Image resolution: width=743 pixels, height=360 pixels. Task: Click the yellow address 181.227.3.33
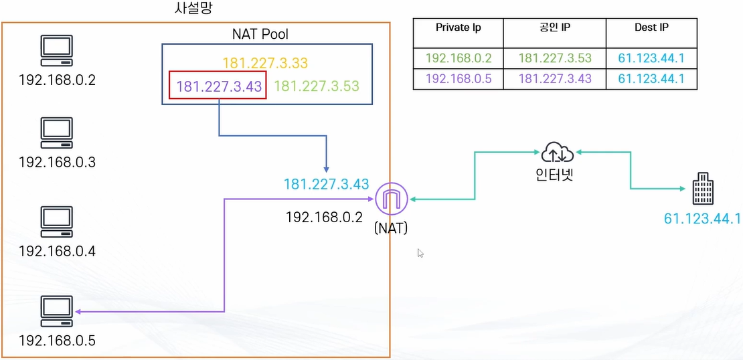tap(265, 64)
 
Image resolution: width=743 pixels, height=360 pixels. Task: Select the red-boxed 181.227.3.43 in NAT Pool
tap(218, 86)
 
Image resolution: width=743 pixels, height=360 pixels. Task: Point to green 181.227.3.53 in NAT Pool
tap(317, 86)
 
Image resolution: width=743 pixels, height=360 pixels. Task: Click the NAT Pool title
tap(260, 33)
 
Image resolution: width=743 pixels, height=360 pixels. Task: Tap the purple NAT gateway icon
tap(392, 199)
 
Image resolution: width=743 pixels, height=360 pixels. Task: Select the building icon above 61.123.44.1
tap(702, 189)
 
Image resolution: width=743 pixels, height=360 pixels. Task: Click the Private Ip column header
tap(458, 28)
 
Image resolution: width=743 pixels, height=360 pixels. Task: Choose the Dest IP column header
tap(651, 28)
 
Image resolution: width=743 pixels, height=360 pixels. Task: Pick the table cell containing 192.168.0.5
tap(458, 78)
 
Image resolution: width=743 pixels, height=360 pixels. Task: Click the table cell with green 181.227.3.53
tap(554, 59)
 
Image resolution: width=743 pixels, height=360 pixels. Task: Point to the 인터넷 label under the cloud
tap(558, 177)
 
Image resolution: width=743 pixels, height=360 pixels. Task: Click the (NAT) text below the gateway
tap(392, 228)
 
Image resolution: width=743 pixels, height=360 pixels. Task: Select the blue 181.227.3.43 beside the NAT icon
tap(326, 184)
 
